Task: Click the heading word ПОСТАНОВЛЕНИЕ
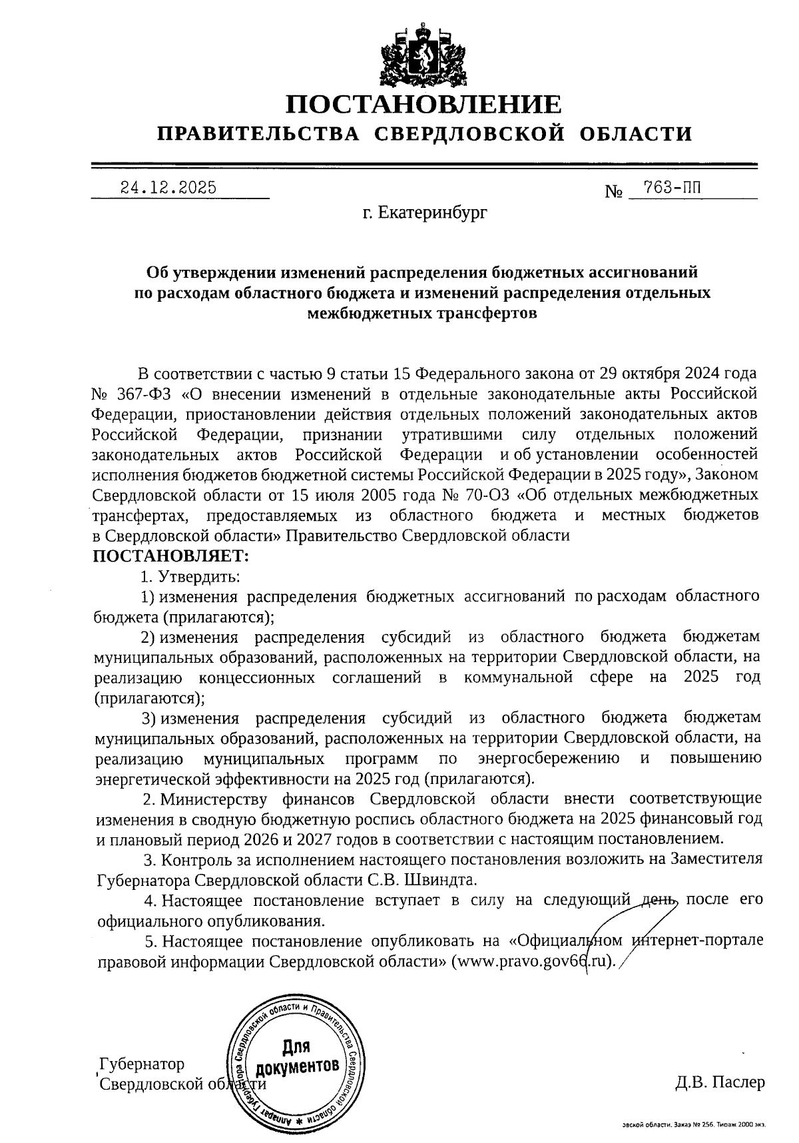coord(423,105)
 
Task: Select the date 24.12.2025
coord(168,188)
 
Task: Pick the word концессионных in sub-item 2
coord(256,678)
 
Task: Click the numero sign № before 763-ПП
coord(613,192)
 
